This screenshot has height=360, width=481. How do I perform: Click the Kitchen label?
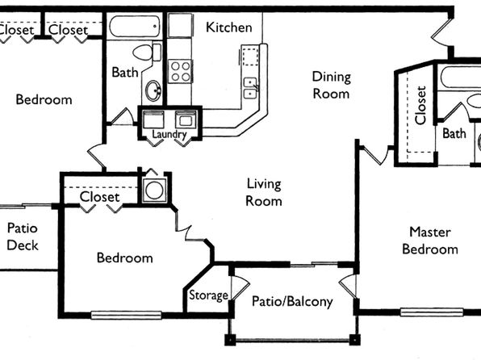click(229, 27)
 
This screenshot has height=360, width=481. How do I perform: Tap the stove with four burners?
click(181, 71)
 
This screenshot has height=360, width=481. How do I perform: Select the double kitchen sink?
click(251, 88)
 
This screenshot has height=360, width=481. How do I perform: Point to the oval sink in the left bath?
click(153, 90)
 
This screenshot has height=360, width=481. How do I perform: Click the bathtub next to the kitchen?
click(134, 27)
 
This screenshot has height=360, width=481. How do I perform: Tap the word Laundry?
click(169, 134)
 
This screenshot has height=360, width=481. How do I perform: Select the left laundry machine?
click(153, 119)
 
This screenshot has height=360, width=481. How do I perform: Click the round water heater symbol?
click(154, 190)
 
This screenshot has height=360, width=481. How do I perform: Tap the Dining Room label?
click(332, 85)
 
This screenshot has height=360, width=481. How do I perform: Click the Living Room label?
click(264, 192)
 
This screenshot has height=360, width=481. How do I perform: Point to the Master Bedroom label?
click(430, 241)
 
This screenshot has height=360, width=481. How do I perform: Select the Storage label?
click(208, 295)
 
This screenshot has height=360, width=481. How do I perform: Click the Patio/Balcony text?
click(292, 301)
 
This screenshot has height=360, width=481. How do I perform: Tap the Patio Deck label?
click(23, 237)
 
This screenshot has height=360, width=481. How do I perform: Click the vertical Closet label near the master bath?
click(420, 105)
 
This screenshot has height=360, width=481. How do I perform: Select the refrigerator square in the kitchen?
click(180, 26)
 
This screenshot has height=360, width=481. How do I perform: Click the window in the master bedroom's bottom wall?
click(432, 312)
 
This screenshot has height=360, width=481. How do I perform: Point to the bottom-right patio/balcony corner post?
click(354, 340)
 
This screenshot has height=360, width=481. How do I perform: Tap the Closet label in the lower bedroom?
click(100, 197)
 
